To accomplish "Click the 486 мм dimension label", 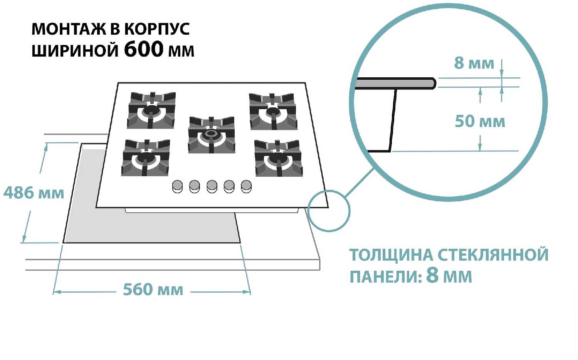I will point(34,193).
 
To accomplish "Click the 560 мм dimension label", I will point(153,290).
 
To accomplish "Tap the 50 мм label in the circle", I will point(480,121).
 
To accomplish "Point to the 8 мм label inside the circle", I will point(474,63).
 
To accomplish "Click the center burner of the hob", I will point(211,134).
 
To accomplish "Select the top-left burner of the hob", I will point(151,111).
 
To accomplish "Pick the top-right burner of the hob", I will point(273,112).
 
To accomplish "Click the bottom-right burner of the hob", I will point(278,158).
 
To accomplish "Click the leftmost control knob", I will point(177,186).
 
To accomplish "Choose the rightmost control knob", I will point(246,186).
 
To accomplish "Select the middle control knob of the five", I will point(212,186).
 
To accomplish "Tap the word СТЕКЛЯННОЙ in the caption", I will point(493,255).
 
